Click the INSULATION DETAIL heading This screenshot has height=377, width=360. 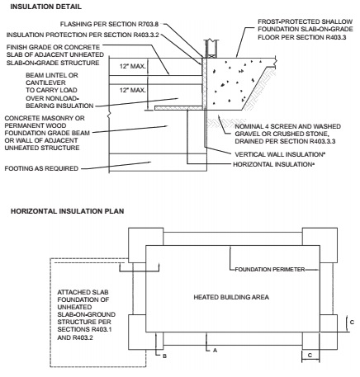pos(46,7)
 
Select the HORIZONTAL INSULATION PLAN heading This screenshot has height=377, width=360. pos(68,211)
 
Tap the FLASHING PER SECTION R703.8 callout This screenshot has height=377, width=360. pos(109,24)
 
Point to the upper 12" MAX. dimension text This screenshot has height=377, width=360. pos(132,66)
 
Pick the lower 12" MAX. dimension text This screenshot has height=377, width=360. pos(132,90)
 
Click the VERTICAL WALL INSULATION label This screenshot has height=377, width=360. pos(280,154)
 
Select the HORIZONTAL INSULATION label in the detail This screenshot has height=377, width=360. pos(274,164)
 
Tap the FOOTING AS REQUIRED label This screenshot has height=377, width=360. pos(41,168)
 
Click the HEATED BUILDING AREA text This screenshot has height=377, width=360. pos(231,297)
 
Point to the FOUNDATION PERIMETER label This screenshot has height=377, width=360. pos(270,270)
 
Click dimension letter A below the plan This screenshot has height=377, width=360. pos(216,351)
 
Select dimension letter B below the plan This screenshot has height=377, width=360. pos(164,356)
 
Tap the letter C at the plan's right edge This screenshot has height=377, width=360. pos(352,322)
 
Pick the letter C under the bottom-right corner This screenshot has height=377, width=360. pos(310,356)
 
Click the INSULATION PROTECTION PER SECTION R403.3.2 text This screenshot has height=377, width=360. pos(83,35)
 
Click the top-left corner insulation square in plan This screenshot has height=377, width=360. pos(146,245)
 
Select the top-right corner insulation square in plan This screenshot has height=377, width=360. pos(320,245)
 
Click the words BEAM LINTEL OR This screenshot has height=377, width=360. pos(52,75)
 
